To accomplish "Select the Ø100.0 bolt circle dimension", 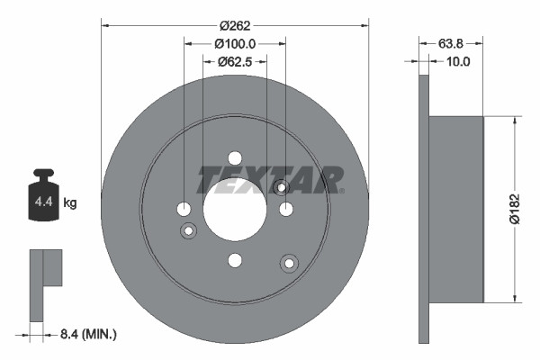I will tap(235, 42).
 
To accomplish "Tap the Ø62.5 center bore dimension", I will tap(235, 62).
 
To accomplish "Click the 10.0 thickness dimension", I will tap(459, 62).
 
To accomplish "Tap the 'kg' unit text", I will tap(70, 203).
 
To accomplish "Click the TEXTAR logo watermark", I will tap(269, 179).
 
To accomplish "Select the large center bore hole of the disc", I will tap(235, 209).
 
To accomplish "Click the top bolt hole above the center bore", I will tap(235, 157).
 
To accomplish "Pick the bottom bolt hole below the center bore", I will tap(235, 261).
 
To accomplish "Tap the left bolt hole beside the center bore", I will tap(184, 210).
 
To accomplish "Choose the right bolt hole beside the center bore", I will tap(286, 210).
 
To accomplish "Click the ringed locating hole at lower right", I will tap(289, 263).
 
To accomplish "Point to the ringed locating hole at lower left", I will tap(189, 232).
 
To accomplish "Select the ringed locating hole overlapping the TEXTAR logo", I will tap(281, 187).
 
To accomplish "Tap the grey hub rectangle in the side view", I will tap(456, 209).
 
